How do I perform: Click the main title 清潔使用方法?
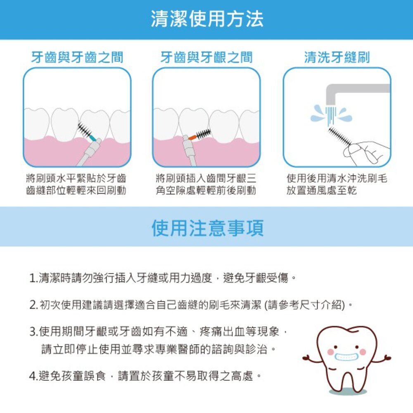point(206,19)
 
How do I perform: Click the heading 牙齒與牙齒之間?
point(77,57)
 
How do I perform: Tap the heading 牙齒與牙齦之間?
point(206,57)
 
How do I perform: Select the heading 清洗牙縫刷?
point(337,57)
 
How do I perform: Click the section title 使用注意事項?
point(206,228)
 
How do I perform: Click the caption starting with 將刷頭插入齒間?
point(206,185)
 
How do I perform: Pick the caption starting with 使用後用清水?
point(337,185)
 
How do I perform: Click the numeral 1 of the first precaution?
point(33,277)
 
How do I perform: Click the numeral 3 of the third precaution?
point(33,332)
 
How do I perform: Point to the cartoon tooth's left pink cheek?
point(330,352)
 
